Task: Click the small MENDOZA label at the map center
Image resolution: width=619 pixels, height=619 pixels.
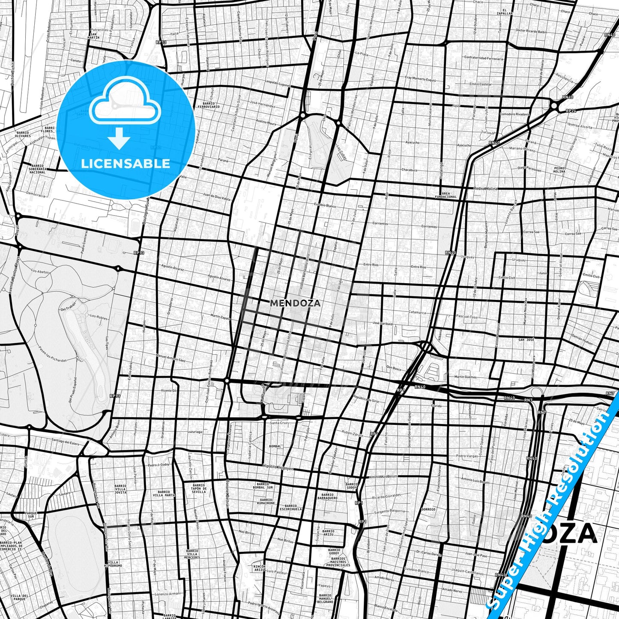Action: pos(295,303)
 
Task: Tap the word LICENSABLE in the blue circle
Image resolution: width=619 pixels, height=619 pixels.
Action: pos(126,164)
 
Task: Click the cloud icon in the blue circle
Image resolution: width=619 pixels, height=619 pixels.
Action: pos(125,103)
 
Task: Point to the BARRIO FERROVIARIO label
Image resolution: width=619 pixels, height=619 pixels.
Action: pos(209,105)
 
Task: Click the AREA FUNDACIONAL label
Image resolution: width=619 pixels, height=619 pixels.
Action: pos(446,195)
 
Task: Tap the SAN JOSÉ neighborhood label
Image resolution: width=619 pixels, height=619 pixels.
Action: pos(526,340)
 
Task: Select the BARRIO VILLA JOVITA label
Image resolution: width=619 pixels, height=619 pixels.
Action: pos(120,489)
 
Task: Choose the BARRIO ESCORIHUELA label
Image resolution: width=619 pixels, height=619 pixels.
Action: pos(290,508)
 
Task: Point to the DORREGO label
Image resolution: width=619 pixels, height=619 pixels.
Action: pos(428,509)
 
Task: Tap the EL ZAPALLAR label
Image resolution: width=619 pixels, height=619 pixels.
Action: pos(507,12)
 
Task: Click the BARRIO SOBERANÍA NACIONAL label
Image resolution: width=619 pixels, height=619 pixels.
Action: pos(37,169)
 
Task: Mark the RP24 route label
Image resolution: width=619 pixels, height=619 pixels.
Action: pos(571,111)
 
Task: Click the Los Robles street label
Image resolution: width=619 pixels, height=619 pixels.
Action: pos(99,317)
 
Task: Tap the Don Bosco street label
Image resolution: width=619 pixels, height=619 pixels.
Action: pos(394,368)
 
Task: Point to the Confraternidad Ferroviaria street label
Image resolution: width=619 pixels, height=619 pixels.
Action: pos(484,58)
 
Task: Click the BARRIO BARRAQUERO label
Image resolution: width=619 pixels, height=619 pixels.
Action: pos(328,496)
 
